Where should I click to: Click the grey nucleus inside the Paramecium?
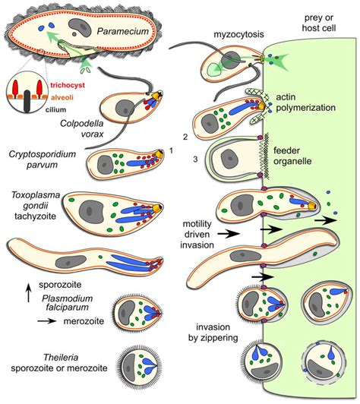(78, 28)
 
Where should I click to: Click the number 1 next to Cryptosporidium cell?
(172, 150)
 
